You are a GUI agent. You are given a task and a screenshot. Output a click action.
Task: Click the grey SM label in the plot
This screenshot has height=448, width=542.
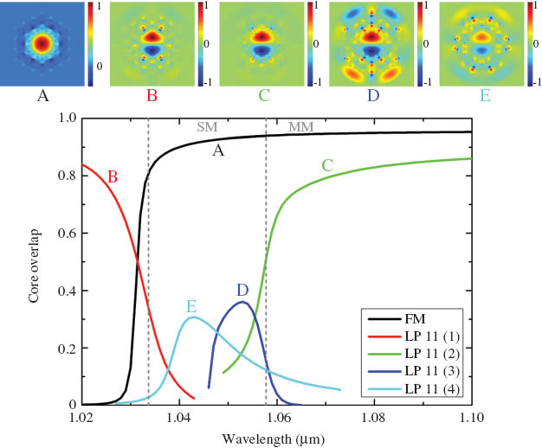point(207,127)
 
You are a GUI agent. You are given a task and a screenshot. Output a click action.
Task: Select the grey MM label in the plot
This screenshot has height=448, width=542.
point(300,127)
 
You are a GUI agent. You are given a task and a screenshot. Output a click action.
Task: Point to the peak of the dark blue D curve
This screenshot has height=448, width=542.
point(243,302)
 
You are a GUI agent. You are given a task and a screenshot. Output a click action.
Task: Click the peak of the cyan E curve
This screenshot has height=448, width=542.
point(192,317)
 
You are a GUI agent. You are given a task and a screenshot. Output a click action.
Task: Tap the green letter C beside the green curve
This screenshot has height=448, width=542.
point(327,164)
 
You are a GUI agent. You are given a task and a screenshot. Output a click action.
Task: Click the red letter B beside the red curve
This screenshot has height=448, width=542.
point(112,176)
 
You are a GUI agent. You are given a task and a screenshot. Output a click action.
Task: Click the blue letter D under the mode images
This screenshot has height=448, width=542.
point(372,95)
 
